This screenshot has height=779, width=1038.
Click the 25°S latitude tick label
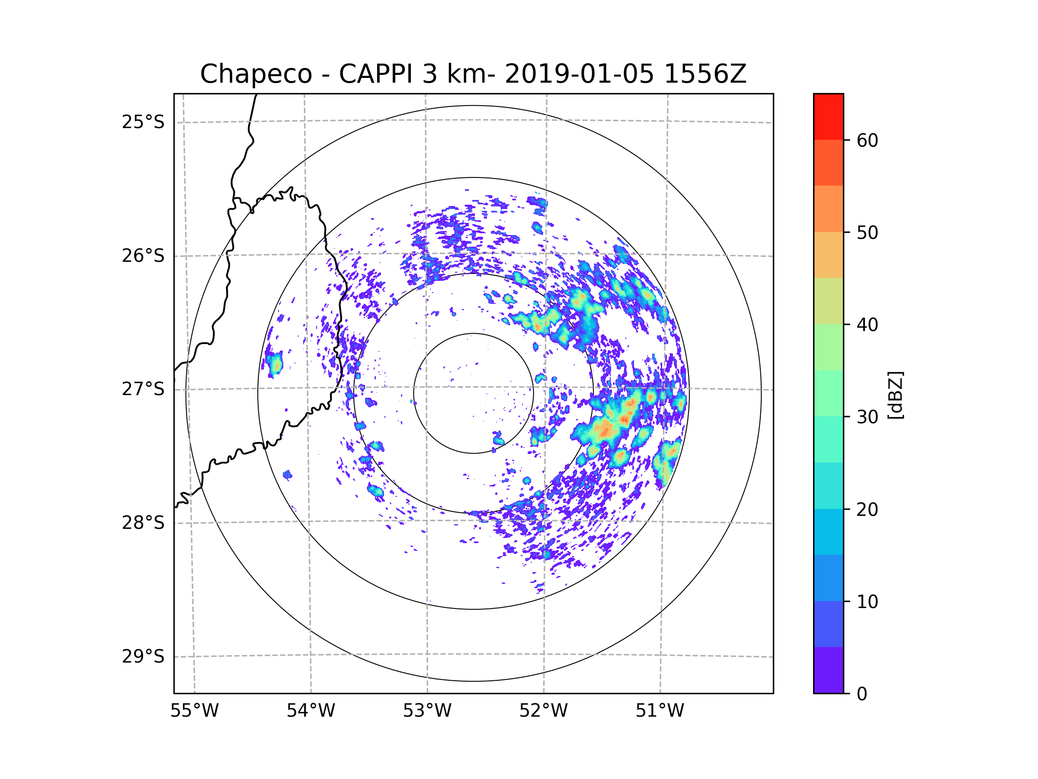pyautogui.click(x=143, y=122)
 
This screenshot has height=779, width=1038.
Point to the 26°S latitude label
pyautogui.click(x=143, y=256)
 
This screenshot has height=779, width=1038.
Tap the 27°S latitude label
pyautogui.click(x=143, y=389)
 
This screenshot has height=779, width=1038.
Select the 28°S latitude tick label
pyautogui.click(x=143, y=523)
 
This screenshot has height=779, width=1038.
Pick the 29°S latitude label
pyautogui.click(x=143, y=657)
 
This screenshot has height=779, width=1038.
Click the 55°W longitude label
pyautogui.click(x=194, y=711)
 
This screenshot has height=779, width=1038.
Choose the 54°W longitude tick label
pyautogui.click(x=311, y=711)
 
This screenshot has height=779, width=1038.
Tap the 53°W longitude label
pyautogui.click(x=427, y=711)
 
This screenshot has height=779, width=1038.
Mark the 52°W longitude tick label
pyautogui.click(x=543, y=711)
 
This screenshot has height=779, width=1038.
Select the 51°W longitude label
pyautogui.click(x=660, y=711)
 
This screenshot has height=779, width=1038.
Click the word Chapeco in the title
pyautogui.click(x=256, y=74)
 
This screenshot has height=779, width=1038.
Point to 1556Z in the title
pyautogui.click(x=705, y=74)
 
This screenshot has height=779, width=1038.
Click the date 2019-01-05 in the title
pyautogui.click(x=579, y=74)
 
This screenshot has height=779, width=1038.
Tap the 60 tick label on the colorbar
pyautogui.click(x=867, y=140)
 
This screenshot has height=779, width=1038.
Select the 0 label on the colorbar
pyautogui.click(x=862, y=694)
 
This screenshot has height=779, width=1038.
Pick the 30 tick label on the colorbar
pyautogui.click(x=867, y=417)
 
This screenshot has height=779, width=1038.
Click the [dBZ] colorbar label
pyautogui.click(x=895, y=395)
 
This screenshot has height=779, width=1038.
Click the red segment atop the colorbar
pyautogui.click(x=828, y=116)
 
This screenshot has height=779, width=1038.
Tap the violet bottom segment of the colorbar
pyautogui.click(x=828, y=670)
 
